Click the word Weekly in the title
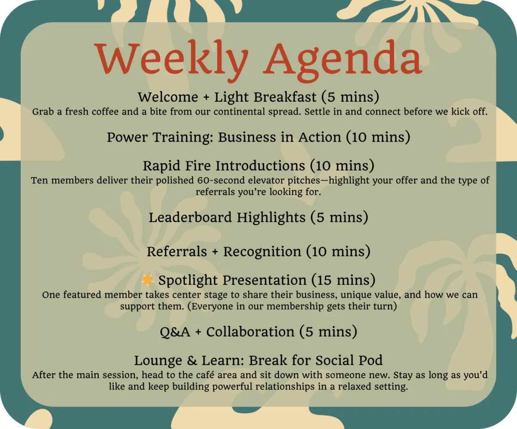(171, 60)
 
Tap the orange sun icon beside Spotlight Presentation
(148, 280)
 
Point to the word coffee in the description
(105, 112)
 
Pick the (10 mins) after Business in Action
(378, 137)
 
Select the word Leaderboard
(190, 218)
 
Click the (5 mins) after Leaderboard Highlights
(339, 218)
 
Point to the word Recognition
(262, 252)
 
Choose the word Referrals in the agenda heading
(177, 252)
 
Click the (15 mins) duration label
(343, 280)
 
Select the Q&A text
(175, 332)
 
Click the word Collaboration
(250, 332)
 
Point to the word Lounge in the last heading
(158, 361)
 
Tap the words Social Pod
(349, 360)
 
